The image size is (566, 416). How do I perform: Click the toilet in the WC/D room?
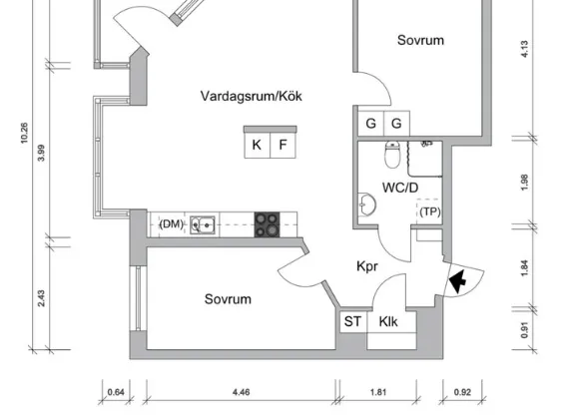[x=392, y=155]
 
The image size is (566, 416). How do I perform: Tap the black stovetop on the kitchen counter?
[x=268, y=224]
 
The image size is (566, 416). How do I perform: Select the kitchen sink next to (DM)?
[x=203, y=225]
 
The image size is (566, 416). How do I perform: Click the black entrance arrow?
[x=458, y=280]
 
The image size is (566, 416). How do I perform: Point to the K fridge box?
[x=257, y=145]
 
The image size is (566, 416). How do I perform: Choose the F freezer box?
[x=283, y=145]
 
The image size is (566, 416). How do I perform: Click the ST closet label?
[x=352, y=321]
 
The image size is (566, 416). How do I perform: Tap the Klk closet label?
[x=388, y=321]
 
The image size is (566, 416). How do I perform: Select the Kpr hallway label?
[x=367, y=266]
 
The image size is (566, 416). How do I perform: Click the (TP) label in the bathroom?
[x=430, y=211]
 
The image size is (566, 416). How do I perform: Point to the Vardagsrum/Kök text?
[x=252, y=97]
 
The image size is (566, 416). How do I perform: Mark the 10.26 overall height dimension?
[x=24, y=133]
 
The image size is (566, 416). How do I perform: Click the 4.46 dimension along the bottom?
[x=242, y=392]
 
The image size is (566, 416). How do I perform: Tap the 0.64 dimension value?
[x=116, y=392]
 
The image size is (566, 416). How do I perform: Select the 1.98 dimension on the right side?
[x=524, y=183]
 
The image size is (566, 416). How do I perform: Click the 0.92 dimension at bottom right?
[x=462, y=392]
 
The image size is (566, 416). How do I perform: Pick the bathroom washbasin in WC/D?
[x=367, y=205]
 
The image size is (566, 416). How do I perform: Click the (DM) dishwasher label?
[x=172, y=224]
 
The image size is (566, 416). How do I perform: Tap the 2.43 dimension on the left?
[x=41, y=298]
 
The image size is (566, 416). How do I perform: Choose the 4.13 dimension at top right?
[x=524, y=49]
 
